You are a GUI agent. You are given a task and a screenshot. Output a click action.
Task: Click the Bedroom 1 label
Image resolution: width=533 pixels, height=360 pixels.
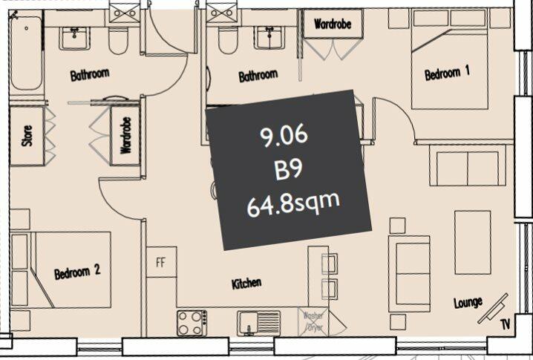tap(448, 74)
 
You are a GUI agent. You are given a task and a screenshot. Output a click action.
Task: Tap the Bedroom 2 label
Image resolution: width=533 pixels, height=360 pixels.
tap(77, 272)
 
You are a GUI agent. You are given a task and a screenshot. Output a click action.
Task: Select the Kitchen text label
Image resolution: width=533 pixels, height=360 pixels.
tap(246, 284)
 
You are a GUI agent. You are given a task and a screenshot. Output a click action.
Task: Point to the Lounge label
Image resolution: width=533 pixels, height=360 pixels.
tap(468, 302)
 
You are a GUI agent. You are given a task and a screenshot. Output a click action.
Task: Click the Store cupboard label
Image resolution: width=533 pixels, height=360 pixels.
tap(27, 136)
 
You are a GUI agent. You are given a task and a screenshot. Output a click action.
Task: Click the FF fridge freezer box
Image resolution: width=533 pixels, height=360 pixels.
tap(160, 262)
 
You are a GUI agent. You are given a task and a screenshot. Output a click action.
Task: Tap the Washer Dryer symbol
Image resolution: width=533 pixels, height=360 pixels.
tap(313, 321)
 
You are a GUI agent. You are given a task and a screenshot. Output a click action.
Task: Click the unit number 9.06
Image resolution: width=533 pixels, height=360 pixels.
tap(284, 136)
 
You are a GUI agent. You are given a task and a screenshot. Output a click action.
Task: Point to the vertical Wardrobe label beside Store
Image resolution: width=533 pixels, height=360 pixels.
tap(125, 136)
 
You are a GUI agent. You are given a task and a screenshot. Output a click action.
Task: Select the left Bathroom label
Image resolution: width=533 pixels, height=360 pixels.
tap(90, 75)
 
